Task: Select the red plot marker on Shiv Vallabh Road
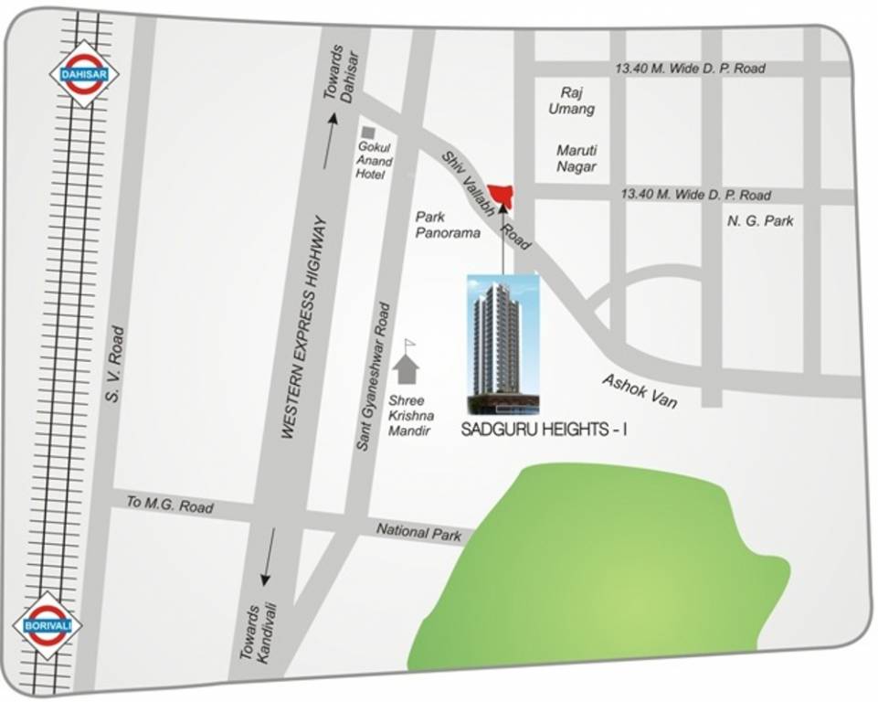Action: (501, 195)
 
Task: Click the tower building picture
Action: (503, 344)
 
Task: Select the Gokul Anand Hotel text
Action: (375, 161)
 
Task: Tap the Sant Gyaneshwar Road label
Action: (375, 377)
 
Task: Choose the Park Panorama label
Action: (448, 225)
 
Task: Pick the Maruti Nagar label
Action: (577, 158)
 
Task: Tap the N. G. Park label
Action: (760, 220)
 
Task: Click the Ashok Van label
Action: (640, 390)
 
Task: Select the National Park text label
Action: (419, 532)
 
